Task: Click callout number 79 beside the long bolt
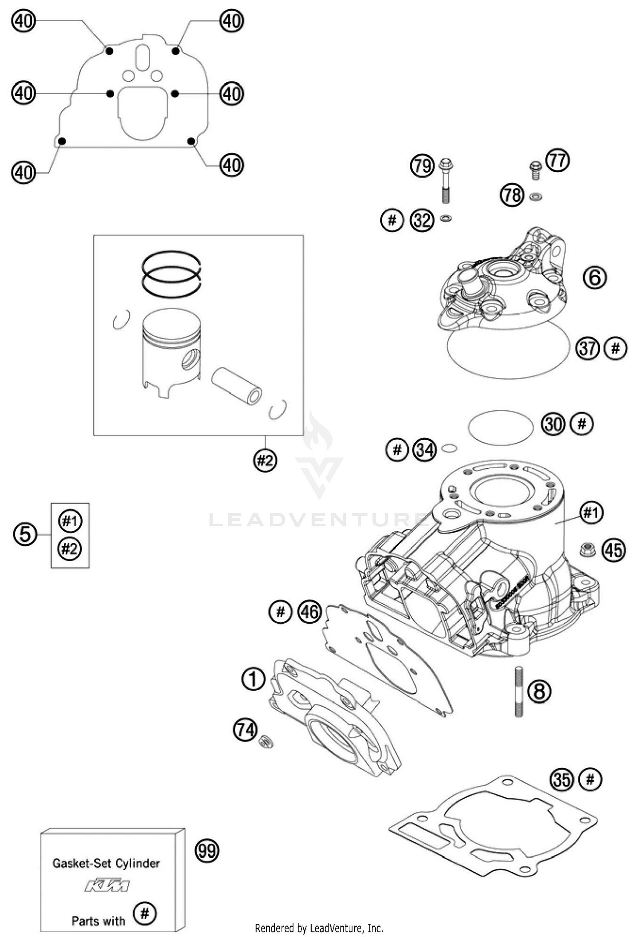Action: pos(422,166)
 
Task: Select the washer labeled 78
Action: pos(535,196)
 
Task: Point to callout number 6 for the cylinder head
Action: pos(594,277)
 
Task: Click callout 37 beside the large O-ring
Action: pos(588,348)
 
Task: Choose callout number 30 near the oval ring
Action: pos(553,424)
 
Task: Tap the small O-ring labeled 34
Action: pos(449,448)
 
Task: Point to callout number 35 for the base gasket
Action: pos(561,779)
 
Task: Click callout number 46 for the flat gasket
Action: pos(310,612)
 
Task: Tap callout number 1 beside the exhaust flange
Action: pos(253,679)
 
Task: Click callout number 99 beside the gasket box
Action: pos(207,851)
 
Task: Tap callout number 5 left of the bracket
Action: pos(25,534)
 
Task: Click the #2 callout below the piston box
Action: pos(265,460)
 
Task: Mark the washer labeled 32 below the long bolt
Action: pos(446,219)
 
